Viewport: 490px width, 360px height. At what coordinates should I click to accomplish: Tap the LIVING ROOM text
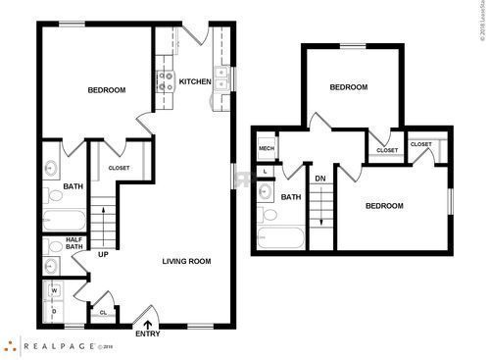point(186,261)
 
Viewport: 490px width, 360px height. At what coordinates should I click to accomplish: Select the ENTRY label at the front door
point(148,334)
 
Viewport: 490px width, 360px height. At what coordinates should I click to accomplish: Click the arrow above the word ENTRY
point(148,323)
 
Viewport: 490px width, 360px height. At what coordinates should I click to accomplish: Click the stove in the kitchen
point(167,81)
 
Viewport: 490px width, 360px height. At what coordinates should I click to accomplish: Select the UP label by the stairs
point(102,255)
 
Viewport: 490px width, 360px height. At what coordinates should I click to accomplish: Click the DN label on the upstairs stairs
point(319,178)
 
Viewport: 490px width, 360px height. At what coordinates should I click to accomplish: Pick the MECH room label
point(266,149)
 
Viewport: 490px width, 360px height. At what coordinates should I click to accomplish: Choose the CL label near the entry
point(104,313)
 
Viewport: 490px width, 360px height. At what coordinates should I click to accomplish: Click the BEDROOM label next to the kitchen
point(107,90)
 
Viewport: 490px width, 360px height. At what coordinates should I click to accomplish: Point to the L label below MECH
point(267,171)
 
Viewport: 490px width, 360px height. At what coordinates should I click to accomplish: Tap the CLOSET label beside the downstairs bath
point(120,168)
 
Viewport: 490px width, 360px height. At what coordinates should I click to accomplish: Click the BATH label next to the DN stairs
point(291,197)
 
